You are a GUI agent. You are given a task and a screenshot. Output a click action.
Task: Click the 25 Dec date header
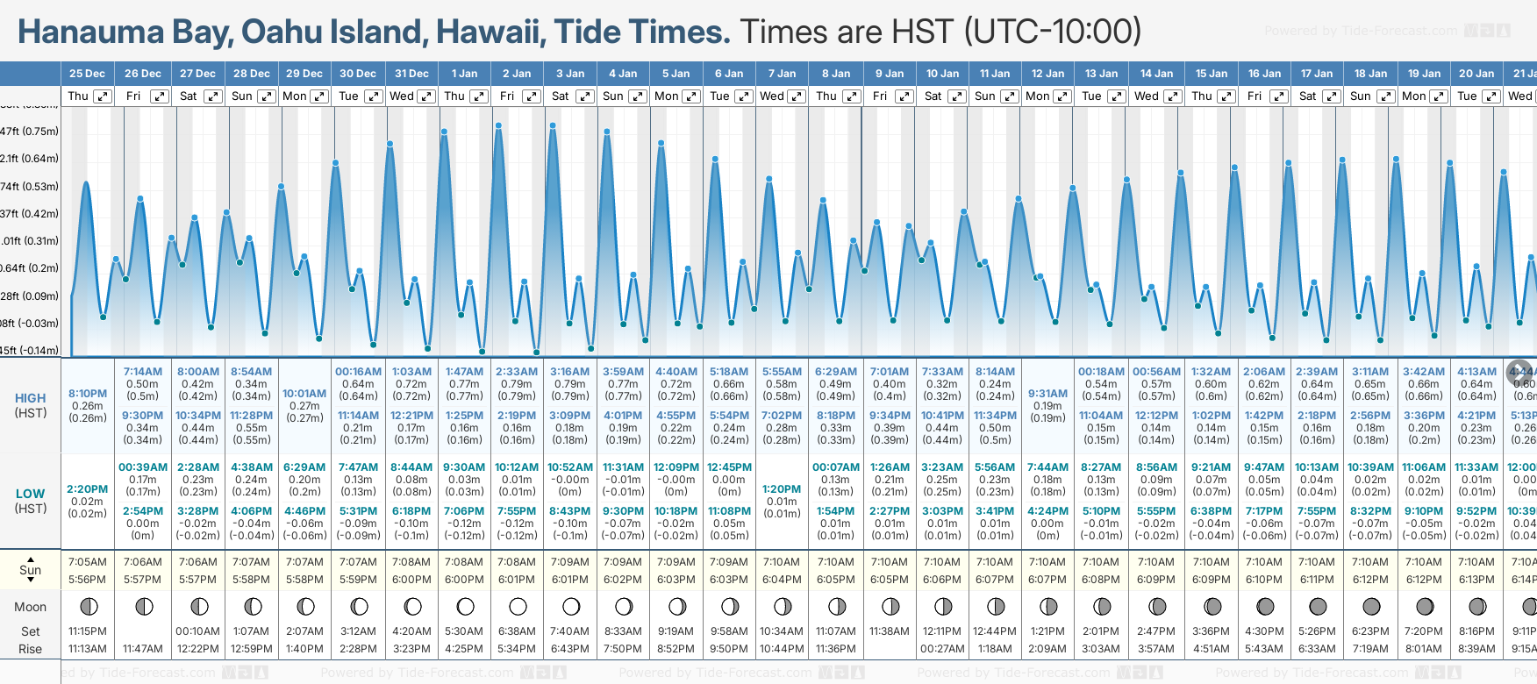click(x=87, y=74)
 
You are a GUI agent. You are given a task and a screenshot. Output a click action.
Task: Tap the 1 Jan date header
click(x=464, y=74)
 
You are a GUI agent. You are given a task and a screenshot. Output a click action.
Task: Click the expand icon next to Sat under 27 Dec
click(x=213, y=96)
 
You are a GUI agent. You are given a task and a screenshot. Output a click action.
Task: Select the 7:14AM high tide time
click(x=142, y=372)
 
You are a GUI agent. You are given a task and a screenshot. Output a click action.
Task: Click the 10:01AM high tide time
click(x=304, y=394)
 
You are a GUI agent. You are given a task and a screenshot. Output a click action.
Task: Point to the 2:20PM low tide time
click(x=88, y=489)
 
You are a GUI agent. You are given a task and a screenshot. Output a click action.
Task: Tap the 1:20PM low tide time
click(x=782, y=489)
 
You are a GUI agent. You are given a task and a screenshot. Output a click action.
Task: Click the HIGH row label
click(x=31, y=398)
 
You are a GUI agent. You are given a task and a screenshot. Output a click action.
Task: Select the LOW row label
click(x=31, y=494)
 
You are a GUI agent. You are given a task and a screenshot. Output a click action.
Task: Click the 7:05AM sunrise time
click(x=88, y=562)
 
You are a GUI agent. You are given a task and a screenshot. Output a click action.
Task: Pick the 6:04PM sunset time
click(x=782, y=580)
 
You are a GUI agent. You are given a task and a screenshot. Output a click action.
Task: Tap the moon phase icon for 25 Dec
click(x=89, y=606)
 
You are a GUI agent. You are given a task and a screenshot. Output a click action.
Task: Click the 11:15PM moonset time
click(x=88, y=631)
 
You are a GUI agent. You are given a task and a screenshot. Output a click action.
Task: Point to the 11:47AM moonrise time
click(x=142, y=649)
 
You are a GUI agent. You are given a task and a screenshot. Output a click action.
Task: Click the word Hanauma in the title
click(x=91, y=32)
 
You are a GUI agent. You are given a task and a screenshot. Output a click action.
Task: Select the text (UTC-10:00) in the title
click(x=1052, y=32)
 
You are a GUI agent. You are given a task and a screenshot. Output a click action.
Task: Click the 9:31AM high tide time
click(x=1047, y=394)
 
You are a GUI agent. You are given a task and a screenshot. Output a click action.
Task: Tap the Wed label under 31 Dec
click(x=402, y=96)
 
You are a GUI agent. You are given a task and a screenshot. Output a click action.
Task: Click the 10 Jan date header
click(x=942, y=74)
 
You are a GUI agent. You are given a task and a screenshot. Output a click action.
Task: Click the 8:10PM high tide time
click(x=88, y=394)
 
